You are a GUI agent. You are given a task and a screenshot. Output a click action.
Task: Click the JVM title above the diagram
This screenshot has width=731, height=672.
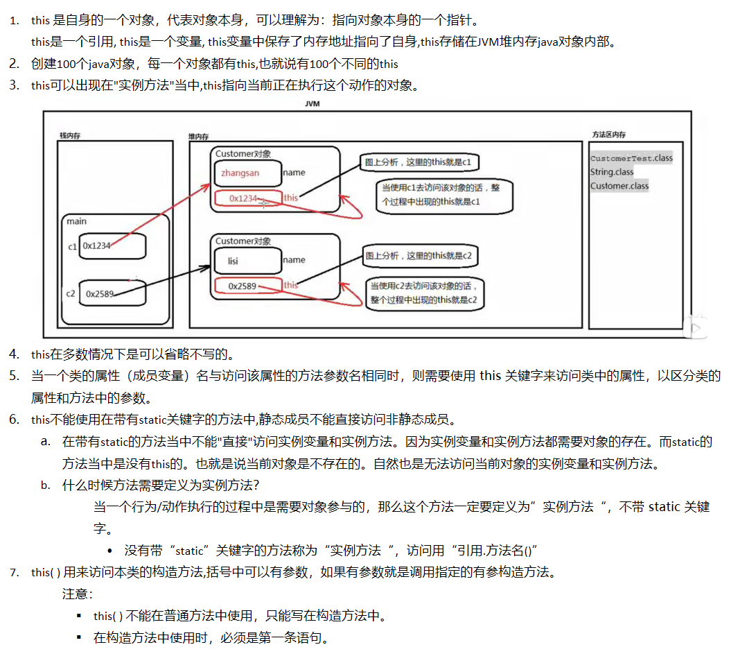coord(312,103)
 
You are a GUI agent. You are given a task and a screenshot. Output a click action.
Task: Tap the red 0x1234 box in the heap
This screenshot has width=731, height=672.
coord(247,198)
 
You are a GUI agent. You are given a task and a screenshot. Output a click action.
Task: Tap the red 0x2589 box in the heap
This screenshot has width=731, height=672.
coord(247,286)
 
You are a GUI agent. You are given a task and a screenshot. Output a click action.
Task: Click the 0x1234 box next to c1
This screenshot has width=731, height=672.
coord(112,245)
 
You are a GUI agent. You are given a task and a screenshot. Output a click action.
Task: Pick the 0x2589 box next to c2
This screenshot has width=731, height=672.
coord(112,293)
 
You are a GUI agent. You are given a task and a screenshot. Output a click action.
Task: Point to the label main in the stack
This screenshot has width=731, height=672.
coord(76,221)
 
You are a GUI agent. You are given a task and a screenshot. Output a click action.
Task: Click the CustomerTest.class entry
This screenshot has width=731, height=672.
coord(631,158)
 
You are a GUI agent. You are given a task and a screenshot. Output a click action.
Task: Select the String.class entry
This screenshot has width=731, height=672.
coord(612,172)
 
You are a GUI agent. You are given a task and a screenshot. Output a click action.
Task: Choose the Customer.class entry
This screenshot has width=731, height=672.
coord(619,186)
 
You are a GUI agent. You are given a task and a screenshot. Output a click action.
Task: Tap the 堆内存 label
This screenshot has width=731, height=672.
coord(200,137)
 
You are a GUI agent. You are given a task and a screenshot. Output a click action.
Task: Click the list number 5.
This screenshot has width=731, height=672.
coord(14,376)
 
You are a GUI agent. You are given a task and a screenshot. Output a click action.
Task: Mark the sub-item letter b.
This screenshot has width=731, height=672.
coord(45,485)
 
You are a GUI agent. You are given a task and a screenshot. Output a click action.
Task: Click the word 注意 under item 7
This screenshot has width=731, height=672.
coord(77,594)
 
